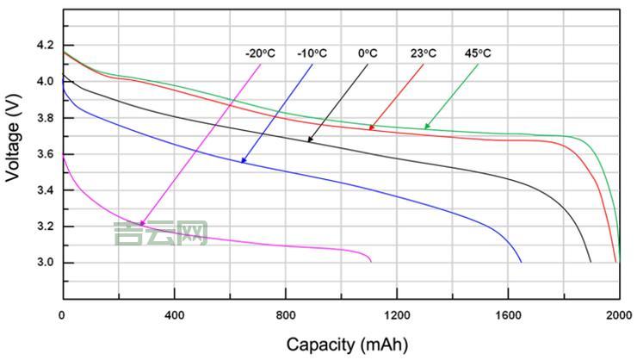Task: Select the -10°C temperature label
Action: (312, 53)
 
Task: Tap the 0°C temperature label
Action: (368, 53)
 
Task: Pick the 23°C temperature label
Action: (423, 53)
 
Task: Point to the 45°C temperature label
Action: (478, 53)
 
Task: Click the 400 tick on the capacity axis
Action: (174, 315)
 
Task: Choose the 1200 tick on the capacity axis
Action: (397, 315)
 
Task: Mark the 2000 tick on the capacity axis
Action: (619, 315)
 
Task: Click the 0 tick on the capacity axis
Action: (62, 315)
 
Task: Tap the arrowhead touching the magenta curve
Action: (142, 224)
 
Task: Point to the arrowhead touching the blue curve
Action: (244, 160)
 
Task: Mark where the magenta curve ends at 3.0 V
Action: (371, 261)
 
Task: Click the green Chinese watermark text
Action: (161, 233)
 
